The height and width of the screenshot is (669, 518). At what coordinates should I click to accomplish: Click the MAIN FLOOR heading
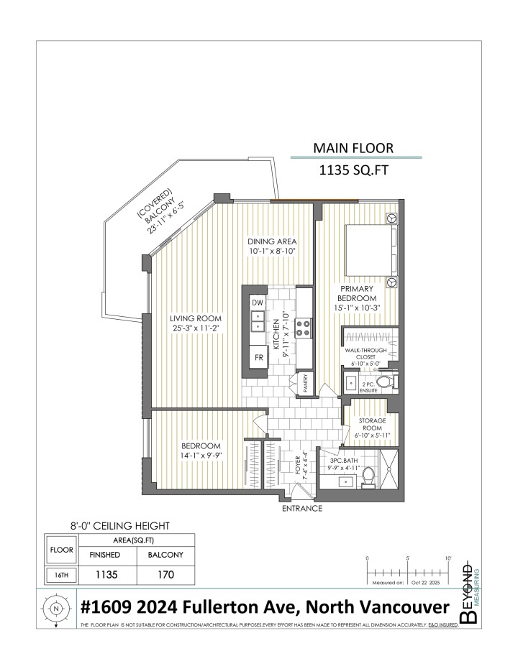(x=353, y=148)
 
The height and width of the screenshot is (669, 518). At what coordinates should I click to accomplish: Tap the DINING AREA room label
(x=273, y=241)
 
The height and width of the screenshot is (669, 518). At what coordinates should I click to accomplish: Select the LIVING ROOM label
(x=195, y=318)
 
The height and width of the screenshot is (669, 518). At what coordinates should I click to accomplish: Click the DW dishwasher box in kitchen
(x=258, y=303)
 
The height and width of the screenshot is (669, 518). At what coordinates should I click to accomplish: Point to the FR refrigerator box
(x=258, y=356)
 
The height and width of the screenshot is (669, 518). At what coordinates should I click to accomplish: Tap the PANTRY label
(x=305, y=386)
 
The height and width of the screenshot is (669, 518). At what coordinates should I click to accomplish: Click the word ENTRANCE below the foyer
(x=302, y=508)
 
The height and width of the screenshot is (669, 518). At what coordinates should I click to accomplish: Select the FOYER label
(x=298, y=465)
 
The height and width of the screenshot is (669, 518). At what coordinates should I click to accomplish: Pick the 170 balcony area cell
(x=165, y=575)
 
